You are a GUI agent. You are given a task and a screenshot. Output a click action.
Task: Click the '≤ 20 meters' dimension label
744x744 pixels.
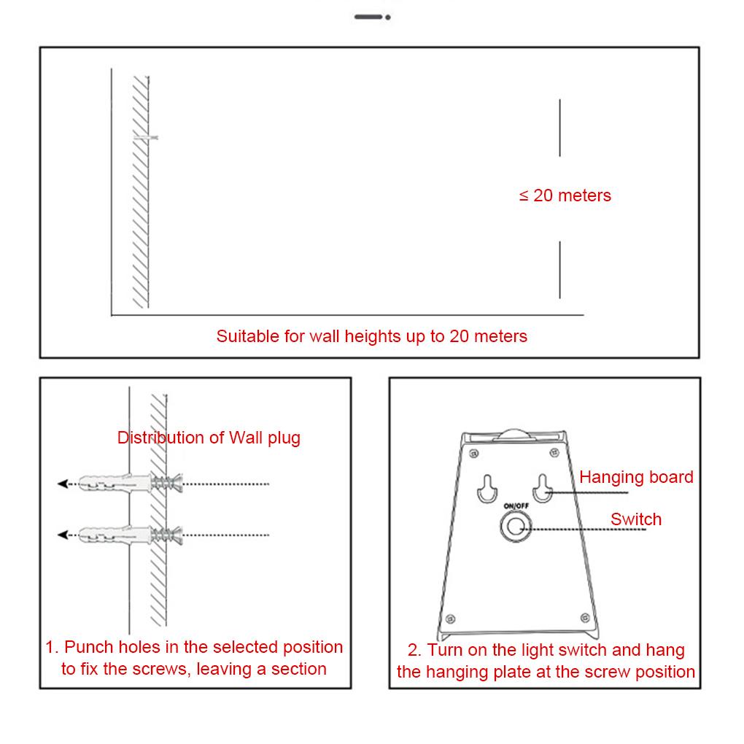pos(565,195)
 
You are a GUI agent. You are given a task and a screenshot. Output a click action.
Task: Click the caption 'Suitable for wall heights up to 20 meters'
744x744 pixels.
pos(371,336)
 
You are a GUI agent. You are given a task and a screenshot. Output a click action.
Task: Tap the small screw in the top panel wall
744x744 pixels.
pos(146,137)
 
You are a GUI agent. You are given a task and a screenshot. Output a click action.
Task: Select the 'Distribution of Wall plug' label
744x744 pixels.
pos(209,438)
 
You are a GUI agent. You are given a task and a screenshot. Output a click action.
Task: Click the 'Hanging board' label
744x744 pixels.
pos(636,477)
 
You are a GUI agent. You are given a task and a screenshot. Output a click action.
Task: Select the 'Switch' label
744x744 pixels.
pos(636,519)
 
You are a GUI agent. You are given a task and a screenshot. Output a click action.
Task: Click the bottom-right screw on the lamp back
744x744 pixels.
pos(584,617)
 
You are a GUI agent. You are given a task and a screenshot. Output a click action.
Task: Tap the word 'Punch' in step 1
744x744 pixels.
pos(88,647)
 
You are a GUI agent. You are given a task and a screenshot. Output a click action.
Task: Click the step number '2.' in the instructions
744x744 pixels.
pos(414,651)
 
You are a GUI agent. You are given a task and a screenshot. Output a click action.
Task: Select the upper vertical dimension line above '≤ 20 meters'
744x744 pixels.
pos(559,128)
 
